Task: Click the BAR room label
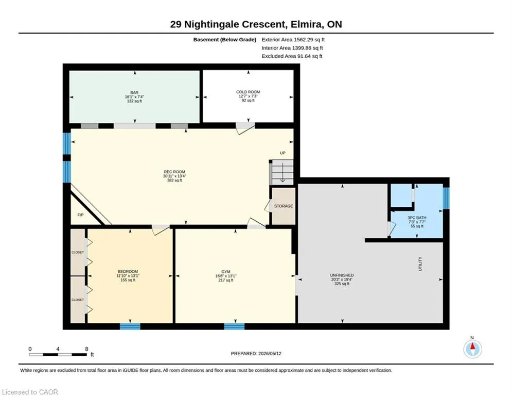(134, 93)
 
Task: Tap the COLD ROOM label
(248, 92)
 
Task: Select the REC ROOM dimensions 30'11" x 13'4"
(174, 176)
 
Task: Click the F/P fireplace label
(80, 215)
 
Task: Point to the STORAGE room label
(284, 206)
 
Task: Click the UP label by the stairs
(283, 153)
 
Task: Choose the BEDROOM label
(128, 272)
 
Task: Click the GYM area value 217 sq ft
(226, 280)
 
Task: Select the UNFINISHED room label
(342, 275)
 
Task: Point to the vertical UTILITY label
(420, 264)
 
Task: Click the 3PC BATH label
(417, 218)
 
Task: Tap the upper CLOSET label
(78, 252)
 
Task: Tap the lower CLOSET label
(78, 300)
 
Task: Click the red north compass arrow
(472, 346)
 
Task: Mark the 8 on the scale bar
(86, 349)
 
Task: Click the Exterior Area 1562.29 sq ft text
(293, 40)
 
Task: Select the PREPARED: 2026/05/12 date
(256, 353)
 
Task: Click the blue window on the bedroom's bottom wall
(130, 326)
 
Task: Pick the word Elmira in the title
(304, 25)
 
